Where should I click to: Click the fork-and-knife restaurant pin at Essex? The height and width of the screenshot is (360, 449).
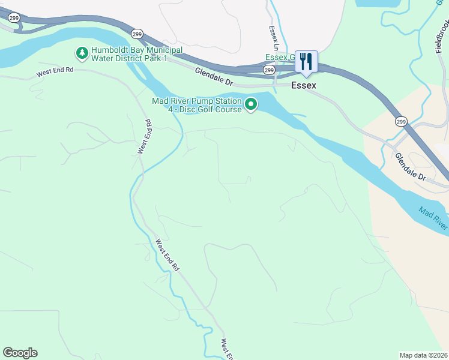click(306, 61)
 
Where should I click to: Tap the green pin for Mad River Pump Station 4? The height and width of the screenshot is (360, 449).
click(252, 104)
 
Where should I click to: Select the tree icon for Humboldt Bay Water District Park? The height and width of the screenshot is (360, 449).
click(82, 53)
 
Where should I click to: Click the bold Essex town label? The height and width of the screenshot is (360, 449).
click(304, 86)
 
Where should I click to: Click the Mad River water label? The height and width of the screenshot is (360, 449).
click(433, 218)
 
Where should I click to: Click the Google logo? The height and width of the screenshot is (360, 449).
click(20, 353)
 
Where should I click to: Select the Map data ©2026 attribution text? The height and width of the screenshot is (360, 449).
click(423, 355)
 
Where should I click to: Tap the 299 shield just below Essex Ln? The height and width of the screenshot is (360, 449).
click(270, 70)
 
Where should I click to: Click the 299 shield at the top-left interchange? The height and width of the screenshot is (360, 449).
click(13, 18)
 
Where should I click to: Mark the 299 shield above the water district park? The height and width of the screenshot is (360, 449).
click(137, 34)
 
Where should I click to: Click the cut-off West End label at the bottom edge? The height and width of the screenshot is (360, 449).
click(226, 350)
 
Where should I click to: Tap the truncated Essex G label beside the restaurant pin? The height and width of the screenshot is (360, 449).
click(280, 58)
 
